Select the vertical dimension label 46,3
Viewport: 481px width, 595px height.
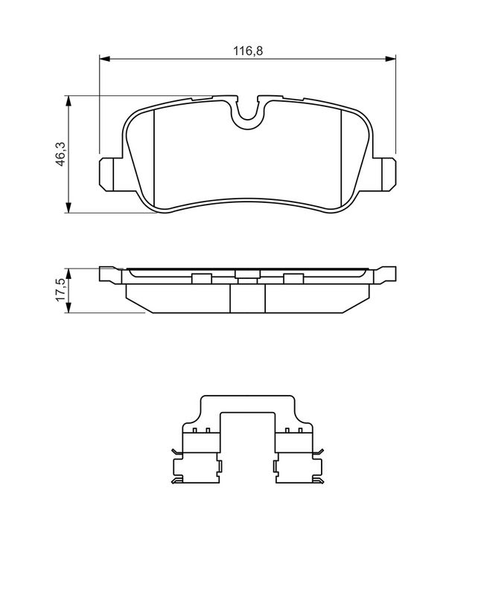coord(60,154)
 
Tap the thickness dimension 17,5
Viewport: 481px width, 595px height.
coord(60,289)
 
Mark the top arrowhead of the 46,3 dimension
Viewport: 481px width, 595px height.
coord(69,100)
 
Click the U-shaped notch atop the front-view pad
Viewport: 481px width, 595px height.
coord(247,112)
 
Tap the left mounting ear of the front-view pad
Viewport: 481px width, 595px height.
coord(109,173)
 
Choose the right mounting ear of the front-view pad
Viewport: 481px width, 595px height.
coord(386,173)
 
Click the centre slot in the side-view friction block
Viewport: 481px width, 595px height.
coord(247,298)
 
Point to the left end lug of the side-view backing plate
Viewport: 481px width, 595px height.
coord(109,274)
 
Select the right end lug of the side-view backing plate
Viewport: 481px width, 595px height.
coord(385,274)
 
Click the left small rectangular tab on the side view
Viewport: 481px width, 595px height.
coord(200,279)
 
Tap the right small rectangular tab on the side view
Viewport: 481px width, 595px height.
coord(293,279)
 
